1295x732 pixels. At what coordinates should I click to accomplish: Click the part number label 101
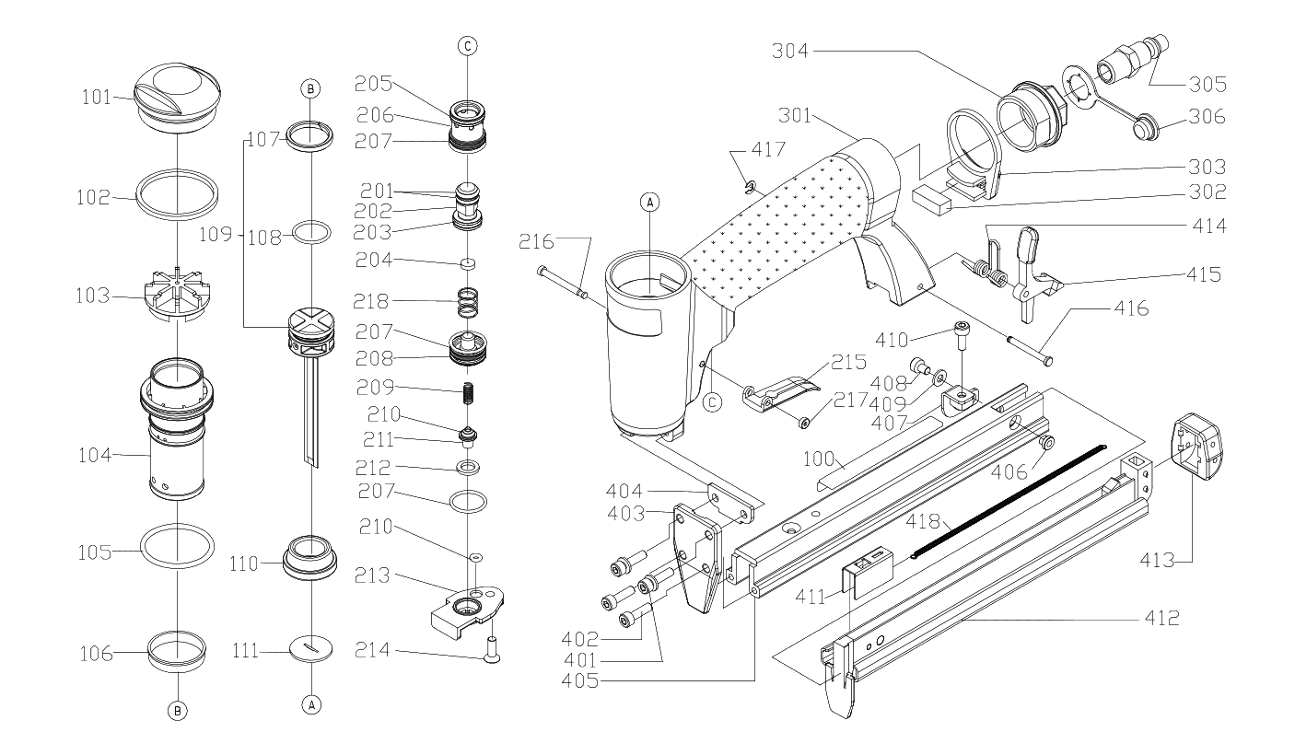click(95, 97)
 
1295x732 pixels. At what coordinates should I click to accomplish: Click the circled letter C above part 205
click(467, 46)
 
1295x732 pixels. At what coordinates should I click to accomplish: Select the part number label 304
click(791, 52)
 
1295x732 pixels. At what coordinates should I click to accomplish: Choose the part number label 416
click(1131, 308)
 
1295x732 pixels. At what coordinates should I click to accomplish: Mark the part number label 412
click(1161, 618)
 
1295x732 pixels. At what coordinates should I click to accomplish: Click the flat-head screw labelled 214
click(490, 651)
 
